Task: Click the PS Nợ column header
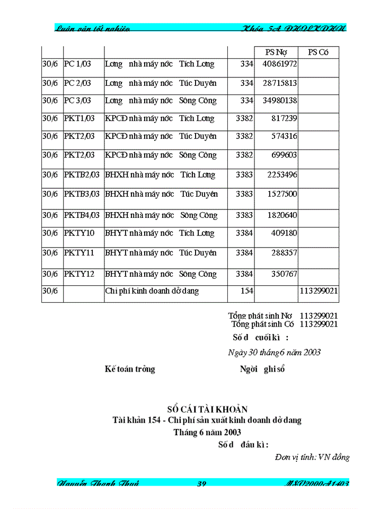(x=276, y=52)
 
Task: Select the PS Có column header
(x=318, y=52)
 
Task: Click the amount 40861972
(x=276, y=64)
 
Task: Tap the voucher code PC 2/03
(x=77, y=83)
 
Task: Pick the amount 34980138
(x=276, y=101)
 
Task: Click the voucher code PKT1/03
(x=79, y=118)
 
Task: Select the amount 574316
(x=284, y=136)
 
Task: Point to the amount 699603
(x=284, y=155)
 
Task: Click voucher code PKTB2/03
(x=82, y=174)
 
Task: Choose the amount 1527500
(x=281, y=194)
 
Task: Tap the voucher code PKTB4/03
(x=82, y=215)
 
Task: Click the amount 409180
(x=284, y=233)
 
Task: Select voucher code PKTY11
(x=79, y=253)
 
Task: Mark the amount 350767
(x=284, y=274)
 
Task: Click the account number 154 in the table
(x=247, y=291)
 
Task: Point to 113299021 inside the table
(x=319, y=291)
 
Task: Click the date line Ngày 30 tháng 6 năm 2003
(x=274, y=352)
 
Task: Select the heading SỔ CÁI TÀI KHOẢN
(x=207, y=409)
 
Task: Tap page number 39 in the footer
(x=201, y=484)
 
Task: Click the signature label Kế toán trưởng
(x=130, y=369)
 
